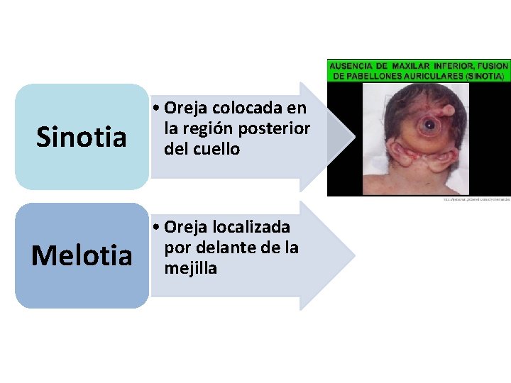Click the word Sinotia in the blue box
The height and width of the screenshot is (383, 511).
[x=81, y=136]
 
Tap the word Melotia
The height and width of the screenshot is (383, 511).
[x=82, y=255]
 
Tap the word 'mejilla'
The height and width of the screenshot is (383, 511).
[x=191, y=268]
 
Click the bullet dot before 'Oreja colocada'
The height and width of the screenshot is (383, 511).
[x=157, y=109]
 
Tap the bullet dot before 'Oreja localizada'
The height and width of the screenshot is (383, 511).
[x=157, y=228]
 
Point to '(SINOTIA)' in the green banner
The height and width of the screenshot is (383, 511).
[x=484, y=75]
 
